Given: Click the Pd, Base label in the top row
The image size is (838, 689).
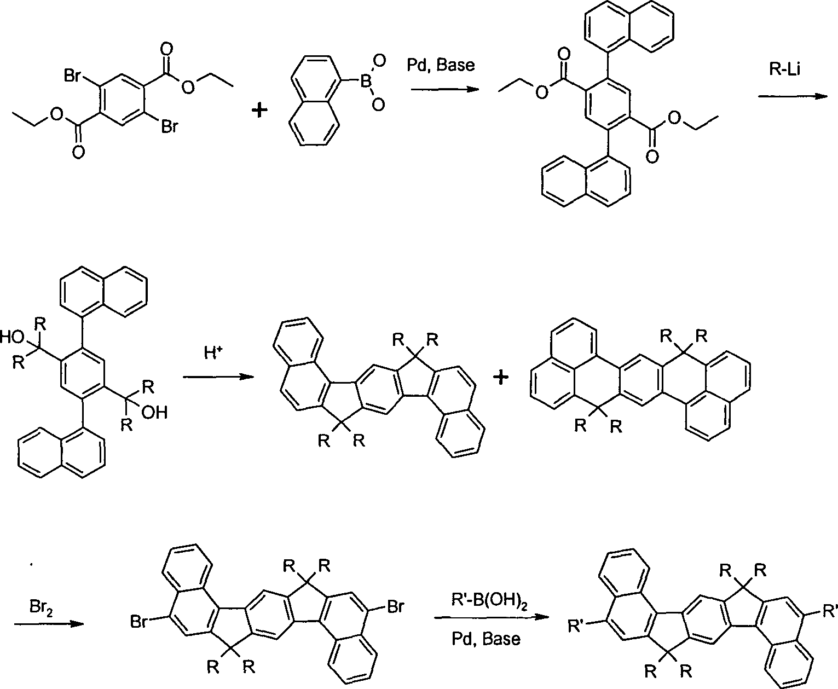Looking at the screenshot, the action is tap(441, 65).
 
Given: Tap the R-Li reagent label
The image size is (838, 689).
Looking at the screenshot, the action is tap(785, 69).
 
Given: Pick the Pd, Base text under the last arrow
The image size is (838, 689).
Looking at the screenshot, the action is tap(486, 639).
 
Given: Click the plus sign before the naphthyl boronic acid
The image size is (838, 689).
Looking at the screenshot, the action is tap(259, 110).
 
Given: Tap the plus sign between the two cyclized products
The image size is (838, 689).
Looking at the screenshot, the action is tap(501, 377).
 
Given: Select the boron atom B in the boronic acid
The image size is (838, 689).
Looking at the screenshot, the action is tap(365, 82).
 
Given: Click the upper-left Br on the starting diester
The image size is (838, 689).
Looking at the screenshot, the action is tap(73, 76).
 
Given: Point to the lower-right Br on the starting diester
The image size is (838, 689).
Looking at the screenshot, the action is tap(169, 127).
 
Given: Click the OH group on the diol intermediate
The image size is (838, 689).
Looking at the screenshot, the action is tap(154, 413).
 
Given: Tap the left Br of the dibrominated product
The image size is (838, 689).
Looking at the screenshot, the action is tap(139, 622).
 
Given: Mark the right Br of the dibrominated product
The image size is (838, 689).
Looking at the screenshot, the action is tap(395, 607).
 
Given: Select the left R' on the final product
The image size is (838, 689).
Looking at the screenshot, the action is tap(575, 627).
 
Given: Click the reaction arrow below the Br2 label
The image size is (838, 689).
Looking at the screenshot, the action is tap(49, 624).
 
